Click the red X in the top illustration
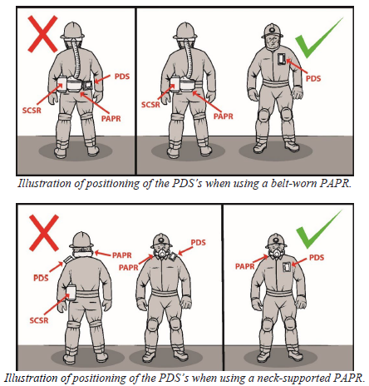point(42,34)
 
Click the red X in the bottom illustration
point(44,232)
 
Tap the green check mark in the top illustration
point(318,38)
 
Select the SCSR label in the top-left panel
point(32,111)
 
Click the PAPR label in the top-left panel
point(111,119)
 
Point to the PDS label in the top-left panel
point(122,77)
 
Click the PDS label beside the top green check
point(313,78)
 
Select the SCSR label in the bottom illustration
point(39,320)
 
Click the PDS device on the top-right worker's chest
point(282,58)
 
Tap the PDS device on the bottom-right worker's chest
point(287,267)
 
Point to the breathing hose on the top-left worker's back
point(76,59)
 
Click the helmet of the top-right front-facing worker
point(273,31)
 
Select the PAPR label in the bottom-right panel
point(245,266)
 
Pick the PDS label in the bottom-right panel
point(317,258)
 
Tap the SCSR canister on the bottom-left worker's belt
point(71,293)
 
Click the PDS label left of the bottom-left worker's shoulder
point(41,278)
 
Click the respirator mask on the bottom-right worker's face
point(276,252)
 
